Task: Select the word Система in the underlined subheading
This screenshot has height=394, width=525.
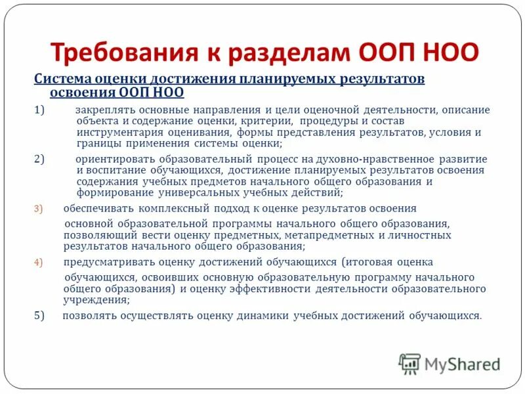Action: (60, 79)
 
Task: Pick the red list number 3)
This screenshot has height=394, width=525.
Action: (38, 209)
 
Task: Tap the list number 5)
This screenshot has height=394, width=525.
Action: (39, 316)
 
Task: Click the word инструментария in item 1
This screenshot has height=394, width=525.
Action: (115, 132)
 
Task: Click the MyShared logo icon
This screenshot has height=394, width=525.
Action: (410, 363)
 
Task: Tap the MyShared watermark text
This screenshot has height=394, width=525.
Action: (461, 364)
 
